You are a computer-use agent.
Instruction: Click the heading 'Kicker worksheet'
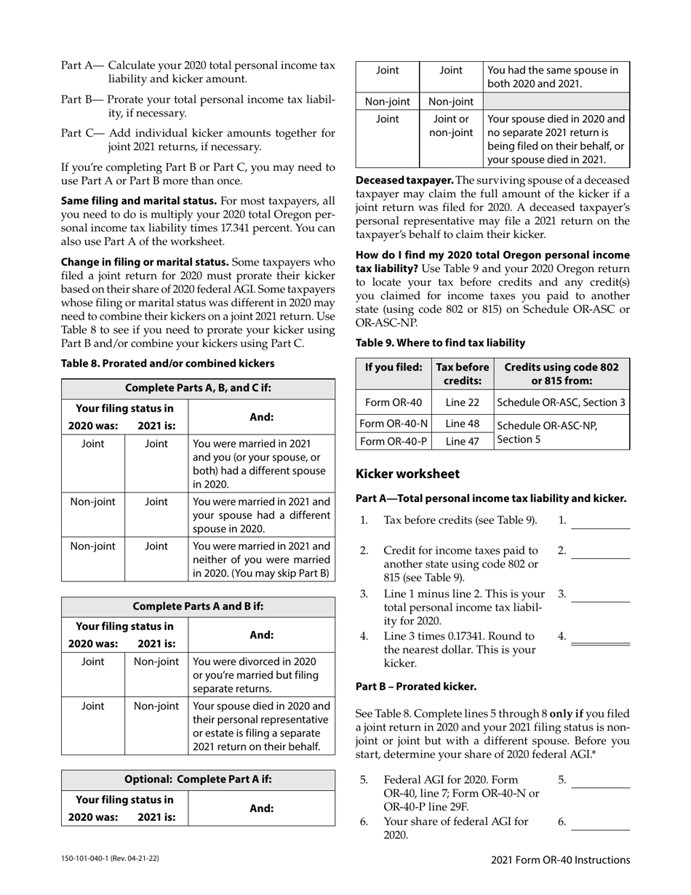click(x=407, y=474)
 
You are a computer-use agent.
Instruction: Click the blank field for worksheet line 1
click(x=600, y=522)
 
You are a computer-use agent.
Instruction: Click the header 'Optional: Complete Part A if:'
click(x=198, y=779)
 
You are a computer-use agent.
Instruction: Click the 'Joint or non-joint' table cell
click(x=451, y=126)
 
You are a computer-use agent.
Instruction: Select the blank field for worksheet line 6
click(x=600, y=824)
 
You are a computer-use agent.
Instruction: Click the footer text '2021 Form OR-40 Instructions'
click(x=560, y=860)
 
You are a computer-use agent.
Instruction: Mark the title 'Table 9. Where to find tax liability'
click(x=440, y=343)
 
